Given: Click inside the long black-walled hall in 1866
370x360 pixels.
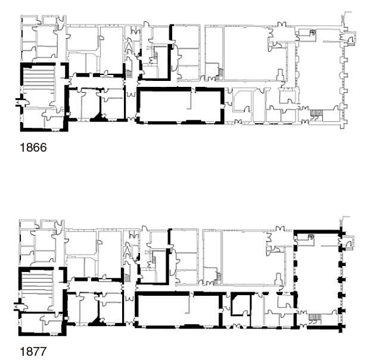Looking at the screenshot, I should point(179,105).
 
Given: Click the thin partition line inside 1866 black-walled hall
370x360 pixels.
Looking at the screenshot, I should point(190,100).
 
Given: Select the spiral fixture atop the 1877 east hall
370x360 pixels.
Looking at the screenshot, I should point(311,237).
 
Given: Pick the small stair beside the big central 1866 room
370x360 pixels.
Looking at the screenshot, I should point(220,73).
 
